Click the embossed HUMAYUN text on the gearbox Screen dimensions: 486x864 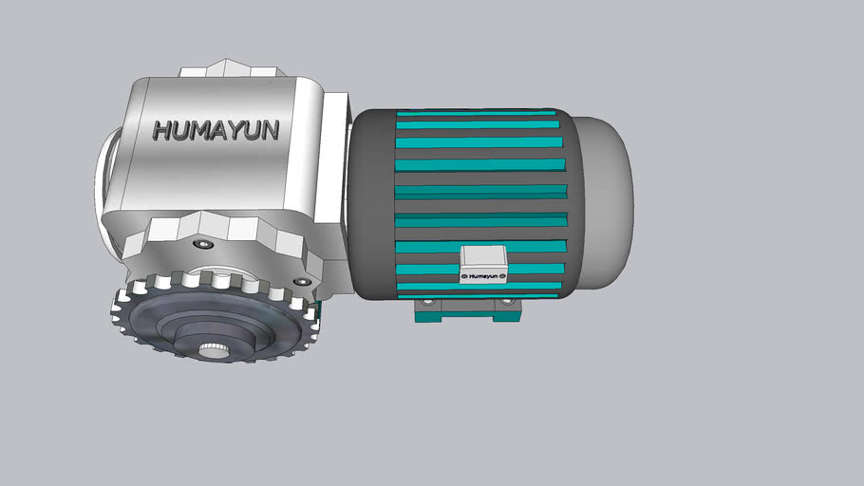(x=216, y=130)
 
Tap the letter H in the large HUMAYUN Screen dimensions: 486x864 (x=162, y=131)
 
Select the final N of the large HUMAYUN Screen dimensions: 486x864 (x=270, y=130)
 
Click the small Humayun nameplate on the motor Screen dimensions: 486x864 (x=484, y=277)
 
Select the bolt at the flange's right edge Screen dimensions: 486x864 (x=302, y=282)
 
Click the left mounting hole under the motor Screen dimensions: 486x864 (x=428, y=303)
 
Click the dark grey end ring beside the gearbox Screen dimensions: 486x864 (x=371, y=204)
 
